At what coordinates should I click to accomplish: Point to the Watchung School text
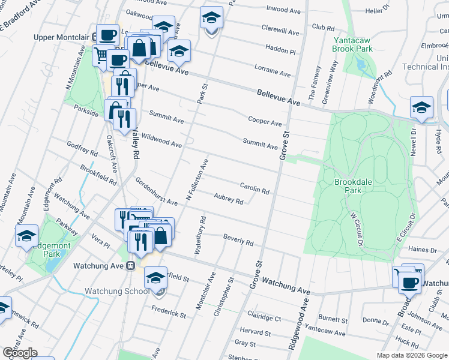[x=116, y=292]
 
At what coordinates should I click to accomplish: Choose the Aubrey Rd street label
[x=228, y=199]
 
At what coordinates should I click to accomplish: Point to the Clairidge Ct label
[x=264, y=317]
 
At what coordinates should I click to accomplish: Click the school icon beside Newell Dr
[x=421, y=107]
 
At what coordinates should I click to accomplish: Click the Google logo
[x=19, y=353]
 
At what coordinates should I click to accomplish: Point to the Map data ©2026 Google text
[x=411, y=355]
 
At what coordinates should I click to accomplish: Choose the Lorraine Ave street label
[x=272, y=72]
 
